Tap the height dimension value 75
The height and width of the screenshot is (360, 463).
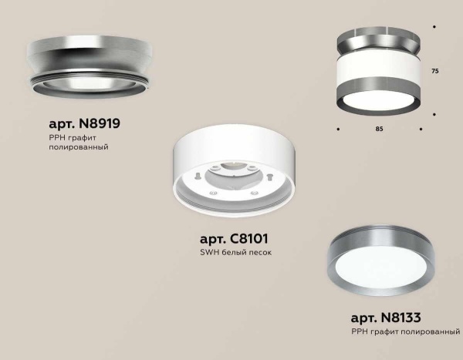point(434,71)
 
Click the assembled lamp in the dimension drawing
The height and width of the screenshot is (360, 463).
point(379,69)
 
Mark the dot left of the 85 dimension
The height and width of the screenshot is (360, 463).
point(339,128)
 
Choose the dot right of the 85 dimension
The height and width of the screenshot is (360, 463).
point(421,128)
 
